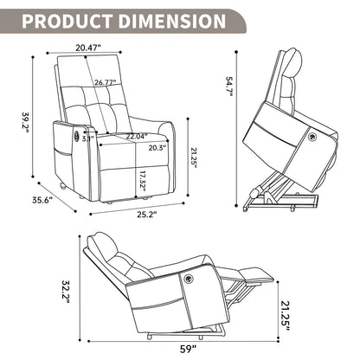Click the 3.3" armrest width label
(x=87, y=138)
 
